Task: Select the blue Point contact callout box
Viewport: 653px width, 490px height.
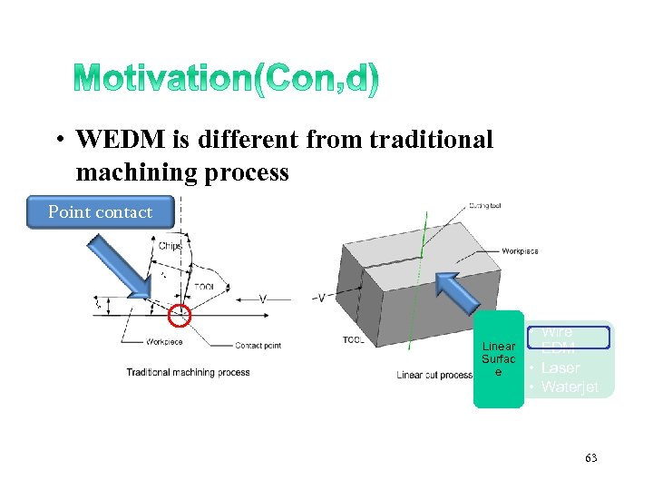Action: pyautogui.click(x=100, y=212)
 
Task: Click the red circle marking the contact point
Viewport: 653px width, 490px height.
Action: pyautogui.click(x=181, y=315)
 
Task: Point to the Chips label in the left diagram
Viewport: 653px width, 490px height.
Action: pyautogui.click(x=170, y=246)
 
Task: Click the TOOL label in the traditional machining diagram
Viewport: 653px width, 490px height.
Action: pyautogui.click(x=204, y=287)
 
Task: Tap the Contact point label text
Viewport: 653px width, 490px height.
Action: pyautogui.click(x=258, y=346)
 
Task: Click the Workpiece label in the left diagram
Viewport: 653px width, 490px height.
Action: pyautogui.click(x=165, y=342)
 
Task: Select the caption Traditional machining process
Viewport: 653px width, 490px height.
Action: pyautogui.click(x=188, y=372)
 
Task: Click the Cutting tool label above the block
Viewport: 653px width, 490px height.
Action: pyautogui.click(x=485, y=206)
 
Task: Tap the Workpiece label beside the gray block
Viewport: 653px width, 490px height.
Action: pyautogui.click(x=521, y=250)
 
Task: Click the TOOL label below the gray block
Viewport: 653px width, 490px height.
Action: pyautogui.click(x=353, y=339)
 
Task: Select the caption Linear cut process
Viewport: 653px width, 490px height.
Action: pyautogui.click(x=434, y=375)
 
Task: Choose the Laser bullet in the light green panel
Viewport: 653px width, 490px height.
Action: pyautogui.click(x=560, y=368)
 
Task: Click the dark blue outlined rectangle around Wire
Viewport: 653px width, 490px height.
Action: pyautogui.click(x=569, y=338)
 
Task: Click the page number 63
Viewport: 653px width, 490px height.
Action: pyautogui.click(x=590, y=459)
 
